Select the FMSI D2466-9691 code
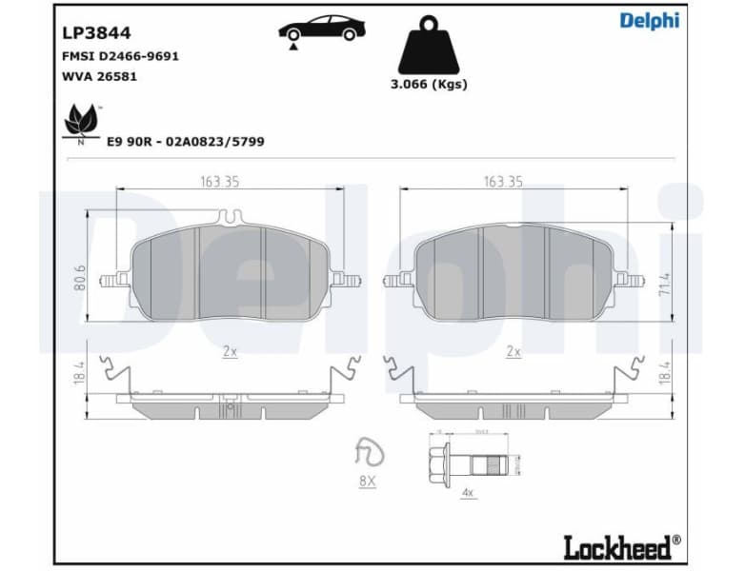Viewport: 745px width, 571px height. click(120, 56)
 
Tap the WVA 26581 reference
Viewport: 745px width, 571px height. click(99, 76)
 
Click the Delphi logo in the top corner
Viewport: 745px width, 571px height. click(649, 21)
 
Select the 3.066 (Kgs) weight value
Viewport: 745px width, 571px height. click(429, 84)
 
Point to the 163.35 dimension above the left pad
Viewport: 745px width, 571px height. click(219, 182)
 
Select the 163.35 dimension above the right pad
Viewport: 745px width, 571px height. click(503, 182)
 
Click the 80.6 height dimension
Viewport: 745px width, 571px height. click(81, 277)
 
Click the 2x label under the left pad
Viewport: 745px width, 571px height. click(230, 351)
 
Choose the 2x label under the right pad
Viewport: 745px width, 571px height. click(513, 351)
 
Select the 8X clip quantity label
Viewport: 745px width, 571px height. click(367, 482)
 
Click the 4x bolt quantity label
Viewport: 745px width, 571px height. click(468, 493)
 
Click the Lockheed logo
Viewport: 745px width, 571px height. click(622, 546)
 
